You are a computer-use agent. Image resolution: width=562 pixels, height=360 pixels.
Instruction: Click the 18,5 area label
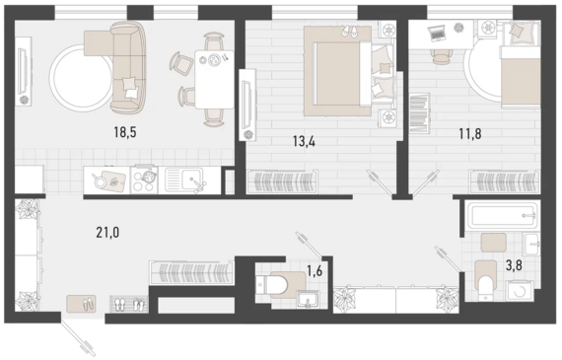[125, 132]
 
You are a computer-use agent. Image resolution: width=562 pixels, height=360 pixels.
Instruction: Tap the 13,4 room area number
[304, 142]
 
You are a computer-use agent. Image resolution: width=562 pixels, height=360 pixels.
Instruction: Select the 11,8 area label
[470, 134]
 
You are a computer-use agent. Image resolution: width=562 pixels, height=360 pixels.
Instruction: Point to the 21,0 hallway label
[107, 233]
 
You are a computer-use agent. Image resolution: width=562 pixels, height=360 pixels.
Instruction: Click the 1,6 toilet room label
[315, 271]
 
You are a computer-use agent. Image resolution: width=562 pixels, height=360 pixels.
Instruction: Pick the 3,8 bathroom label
[514, 265]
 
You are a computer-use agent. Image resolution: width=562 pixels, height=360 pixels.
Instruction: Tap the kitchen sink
[185, 180]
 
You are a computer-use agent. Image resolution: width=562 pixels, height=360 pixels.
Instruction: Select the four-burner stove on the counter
[144, 180]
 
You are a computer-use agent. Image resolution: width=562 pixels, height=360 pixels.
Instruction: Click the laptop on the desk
[437, 33]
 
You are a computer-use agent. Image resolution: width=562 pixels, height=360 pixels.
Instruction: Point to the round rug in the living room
[81, 78]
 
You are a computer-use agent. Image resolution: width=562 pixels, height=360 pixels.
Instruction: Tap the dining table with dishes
[214, 79]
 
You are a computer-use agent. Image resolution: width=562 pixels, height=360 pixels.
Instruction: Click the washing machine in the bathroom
[520, 291]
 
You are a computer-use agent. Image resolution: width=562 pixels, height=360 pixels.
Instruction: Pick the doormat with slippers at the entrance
[81, 304]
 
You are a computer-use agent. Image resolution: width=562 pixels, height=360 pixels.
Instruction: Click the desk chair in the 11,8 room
[441, 56]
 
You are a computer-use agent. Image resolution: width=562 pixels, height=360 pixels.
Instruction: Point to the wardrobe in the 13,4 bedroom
[282, 182]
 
